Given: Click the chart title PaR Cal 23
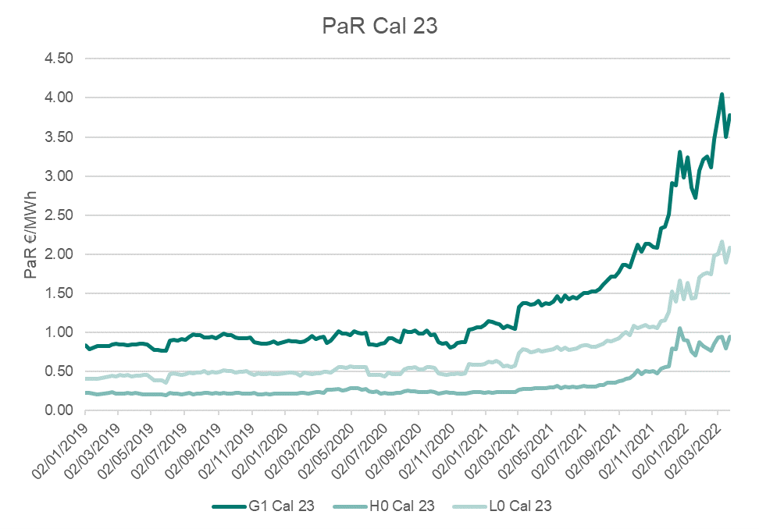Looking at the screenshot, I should pyautogui.click(x=379, y=26).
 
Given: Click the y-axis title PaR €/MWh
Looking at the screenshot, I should pyautogui.click(x=31, y=234).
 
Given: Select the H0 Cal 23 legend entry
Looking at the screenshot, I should pyautogui.click(x=401, y=506).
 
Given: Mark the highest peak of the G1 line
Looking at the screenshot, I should pyautogui.click(x=722, y=94).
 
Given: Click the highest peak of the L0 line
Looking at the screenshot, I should pyautogui.click(x=722, y=242).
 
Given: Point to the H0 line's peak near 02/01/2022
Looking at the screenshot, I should pyautogui.click(x=679, y=328).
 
